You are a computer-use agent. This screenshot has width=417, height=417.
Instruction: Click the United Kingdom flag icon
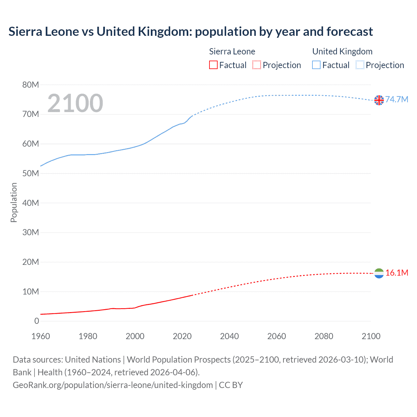[379, 100]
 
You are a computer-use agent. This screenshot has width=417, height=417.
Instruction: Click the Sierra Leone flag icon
[379, 273]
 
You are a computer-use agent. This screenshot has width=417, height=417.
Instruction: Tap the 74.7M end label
[396, 99]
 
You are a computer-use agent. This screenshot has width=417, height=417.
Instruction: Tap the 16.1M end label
[396, 273]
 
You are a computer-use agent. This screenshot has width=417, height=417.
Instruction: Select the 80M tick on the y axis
[31, 85]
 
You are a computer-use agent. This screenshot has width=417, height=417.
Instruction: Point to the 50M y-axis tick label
[31, 174]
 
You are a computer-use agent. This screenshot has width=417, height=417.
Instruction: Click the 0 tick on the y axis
[36, 321]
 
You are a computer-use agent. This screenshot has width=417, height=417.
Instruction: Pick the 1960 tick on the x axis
[41, 336]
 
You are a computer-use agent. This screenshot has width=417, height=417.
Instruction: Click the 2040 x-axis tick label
[229, 336]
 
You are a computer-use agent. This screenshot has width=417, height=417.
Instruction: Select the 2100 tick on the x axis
[371, 336]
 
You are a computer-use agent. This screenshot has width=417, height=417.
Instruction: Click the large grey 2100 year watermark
[75, 103]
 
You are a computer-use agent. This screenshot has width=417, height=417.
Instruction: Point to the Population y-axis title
[14, 203]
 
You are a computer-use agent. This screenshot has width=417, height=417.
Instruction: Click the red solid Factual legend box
[213, 65]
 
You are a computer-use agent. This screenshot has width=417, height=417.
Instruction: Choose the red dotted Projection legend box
[257, 65]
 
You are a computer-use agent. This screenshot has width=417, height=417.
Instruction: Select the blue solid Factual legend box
[316, 65]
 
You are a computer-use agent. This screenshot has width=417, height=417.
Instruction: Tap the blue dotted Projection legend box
[360, 65]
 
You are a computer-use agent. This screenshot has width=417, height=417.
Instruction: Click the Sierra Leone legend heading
[232, 51]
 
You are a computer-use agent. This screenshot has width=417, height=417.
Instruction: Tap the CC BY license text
[231, 385]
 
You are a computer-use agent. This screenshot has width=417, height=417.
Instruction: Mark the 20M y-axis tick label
[31, 262]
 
